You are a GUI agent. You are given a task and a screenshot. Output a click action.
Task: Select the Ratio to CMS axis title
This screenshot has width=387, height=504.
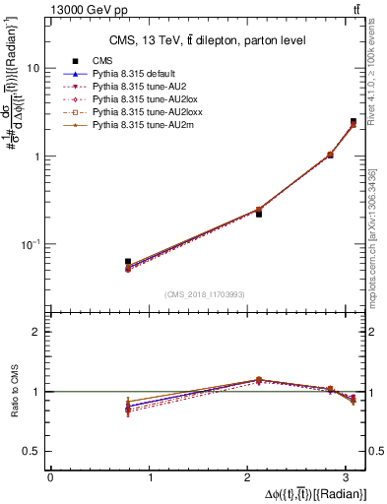pyautogui.click(x=14, y=392)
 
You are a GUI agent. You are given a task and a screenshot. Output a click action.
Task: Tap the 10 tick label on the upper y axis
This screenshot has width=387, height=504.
pyautogui.click(x=32, y=69)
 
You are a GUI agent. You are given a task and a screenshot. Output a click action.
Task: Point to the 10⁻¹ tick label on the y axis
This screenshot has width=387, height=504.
pyautogui.click(x=31, y=243)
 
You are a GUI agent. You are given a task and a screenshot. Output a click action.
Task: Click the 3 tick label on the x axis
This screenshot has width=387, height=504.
pyautogui.click(x=351, y=477)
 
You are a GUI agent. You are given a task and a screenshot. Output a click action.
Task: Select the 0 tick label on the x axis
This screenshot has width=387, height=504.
pyautogui.click(x=50, y=477)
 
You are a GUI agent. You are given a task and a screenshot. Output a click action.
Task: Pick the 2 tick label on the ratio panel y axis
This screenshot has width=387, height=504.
pyautogui.click(x=35, y=332)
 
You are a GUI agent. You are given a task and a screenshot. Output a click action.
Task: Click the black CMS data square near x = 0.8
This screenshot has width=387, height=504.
pyautogui.click(x=128, y=262)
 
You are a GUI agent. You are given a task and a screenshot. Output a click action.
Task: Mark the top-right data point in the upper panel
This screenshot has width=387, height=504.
pyautogui.click(x=354, y=122)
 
